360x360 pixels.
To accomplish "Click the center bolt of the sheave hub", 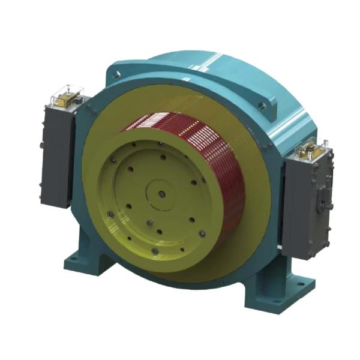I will point(162,194).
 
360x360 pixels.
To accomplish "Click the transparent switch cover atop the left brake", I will point(65,95).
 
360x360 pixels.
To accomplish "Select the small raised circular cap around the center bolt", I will point(162,194).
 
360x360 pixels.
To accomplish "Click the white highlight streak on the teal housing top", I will point(228,60).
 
